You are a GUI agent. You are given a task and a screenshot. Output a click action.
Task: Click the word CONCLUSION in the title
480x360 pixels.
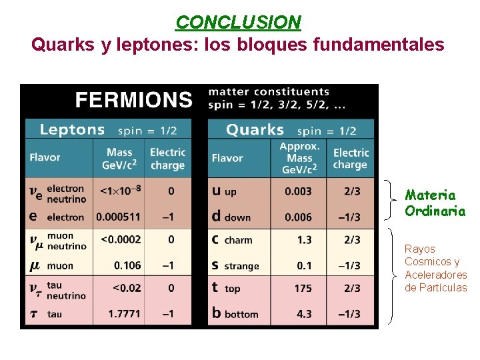point(238,23)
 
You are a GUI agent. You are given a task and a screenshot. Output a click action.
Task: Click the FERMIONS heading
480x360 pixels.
point(133,100)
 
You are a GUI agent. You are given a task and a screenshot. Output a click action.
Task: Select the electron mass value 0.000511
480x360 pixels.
point(118,217)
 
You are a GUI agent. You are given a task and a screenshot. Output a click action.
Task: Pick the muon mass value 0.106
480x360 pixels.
point(127,265)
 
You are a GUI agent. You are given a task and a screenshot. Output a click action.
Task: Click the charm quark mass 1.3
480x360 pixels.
point(304,240)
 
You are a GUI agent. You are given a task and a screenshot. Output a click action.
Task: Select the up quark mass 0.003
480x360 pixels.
point(298,191)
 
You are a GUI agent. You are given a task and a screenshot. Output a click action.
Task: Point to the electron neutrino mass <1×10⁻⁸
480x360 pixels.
point(120,191)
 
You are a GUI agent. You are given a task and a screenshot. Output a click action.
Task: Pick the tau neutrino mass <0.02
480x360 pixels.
point(127,288)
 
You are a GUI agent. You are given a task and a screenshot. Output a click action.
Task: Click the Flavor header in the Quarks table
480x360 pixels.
point(227,158)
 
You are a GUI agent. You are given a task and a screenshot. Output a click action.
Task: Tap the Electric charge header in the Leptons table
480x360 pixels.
point(167,159)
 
